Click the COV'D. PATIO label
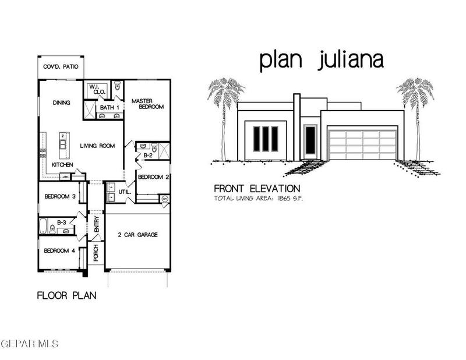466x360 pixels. pos(61,66)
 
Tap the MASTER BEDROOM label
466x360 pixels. pos(148,104)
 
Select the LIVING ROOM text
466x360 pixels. pos(97,146)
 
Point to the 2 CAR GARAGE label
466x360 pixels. pos(137,235)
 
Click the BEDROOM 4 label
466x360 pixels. pos(59,250)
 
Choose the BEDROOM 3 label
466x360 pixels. pos(60,196)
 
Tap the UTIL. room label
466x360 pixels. pos(125,192)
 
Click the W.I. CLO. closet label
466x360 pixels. pos(97,89)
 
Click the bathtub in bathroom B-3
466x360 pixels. pos(43,227)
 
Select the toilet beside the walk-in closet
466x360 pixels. pos(118,86)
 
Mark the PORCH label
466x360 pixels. pos(96,253)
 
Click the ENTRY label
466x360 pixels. pos(97,224)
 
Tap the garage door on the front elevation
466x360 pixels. pos(362,144)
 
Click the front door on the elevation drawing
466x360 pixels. pos(310,140)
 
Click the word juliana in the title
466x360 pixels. pos(351,61)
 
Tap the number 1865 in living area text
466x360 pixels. pos(284,199)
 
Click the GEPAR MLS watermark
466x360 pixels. pos(29,344)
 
